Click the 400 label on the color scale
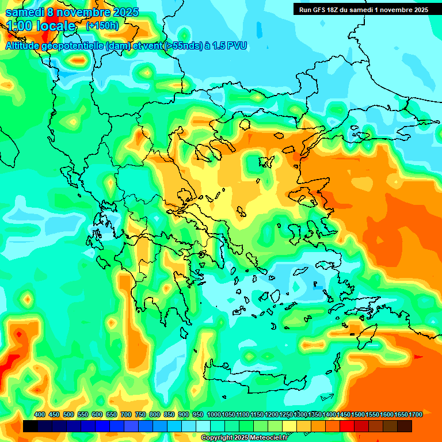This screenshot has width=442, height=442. [40, 414]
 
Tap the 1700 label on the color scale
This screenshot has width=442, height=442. [416, 414]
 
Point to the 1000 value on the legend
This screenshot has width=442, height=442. [214, 414]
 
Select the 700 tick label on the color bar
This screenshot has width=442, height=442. [126, 414]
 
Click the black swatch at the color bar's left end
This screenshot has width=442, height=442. [31, 426]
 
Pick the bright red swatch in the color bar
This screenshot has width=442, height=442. [347, 426]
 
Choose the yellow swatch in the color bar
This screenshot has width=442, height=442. [289, 426]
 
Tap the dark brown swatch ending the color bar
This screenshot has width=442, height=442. [405, 426]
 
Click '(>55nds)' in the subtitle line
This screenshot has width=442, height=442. [180, 45]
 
